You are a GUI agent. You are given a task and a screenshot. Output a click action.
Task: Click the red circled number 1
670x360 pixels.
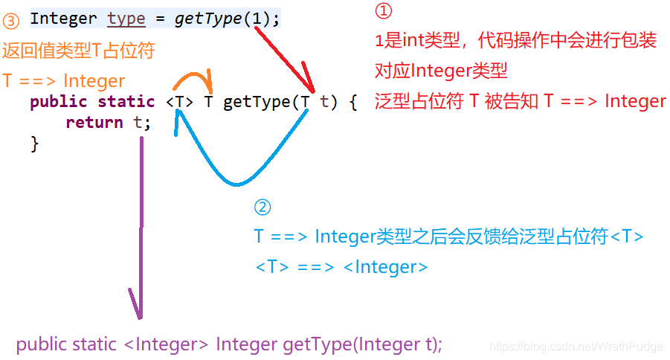coord(383,11)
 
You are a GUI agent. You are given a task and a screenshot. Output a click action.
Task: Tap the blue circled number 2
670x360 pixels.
coord(262,208)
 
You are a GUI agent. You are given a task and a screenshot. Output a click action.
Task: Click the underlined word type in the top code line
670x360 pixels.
coord(126,18)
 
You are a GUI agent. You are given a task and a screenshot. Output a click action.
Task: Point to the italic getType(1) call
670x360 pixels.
coord(223,18)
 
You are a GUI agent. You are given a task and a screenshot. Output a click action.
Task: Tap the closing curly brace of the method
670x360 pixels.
coord(34,143)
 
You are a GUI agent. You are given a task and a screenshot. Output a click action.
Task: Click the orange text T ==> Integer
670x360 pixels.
coord(63,80)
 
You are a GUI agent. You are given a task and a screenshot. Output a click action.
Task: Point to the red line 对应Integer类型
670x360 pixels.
coord(441,71)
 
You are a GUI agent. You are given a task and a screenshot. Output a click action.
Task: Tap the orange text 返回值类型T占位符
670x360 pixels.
coord(78,51)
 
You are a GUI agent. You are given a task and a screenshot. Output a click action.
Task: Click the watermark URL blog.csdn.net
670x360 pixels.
coord(576,347)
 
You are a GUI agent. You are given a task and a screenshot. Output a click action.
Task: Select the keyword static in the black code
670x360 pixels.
coord(126,102)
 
